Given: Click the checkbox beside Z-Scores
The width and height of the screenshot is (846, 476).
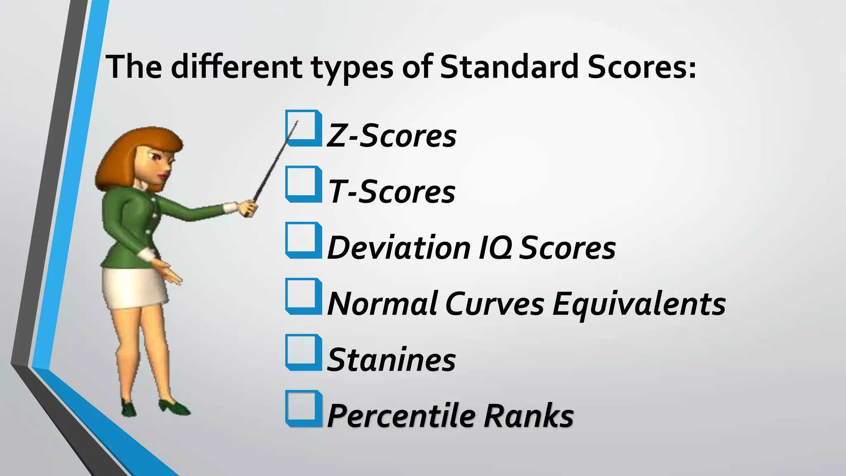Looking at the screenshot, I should [x=304, y=128].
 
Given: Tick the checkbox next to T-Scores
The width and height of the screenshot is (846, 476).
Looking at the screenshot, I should [x=304, y=184].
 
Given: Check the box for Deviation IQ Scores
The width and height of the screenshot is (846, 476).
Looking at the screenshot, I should [x=304, y=240].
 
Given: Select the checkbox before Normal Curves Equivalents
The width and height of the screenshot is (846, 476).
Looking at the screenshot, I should [x=304, y=296].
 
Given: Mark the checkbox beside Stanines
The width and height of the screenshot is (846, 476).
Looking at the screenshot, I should [x=304, y=352].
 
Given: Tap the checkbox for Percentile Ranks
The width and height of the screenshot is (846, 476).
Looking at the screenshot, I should [x=304, y=409].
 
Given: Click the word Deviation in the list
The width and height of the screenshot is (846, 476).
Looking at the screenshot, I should [x=399, y=248].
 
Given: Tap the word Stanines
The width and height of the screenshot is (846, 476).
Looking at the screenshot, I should [x=391, y=360].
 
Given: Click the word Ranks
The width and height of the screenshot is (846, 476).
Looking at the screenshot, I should [x=529, y=416].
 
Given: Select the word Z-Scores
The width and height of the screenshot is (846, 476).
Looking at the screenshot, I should [x=391, y=136].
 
